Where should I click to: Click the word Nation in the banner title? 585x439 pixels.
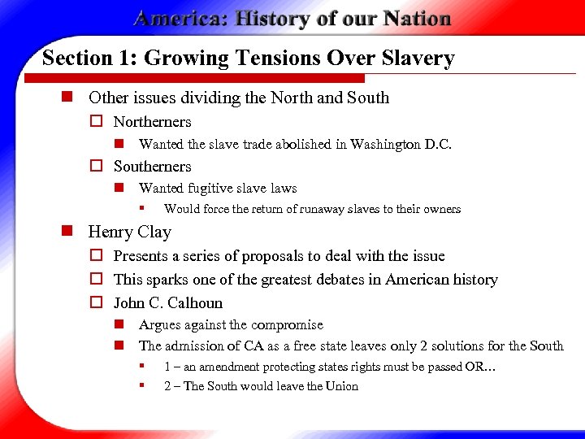[413, 19]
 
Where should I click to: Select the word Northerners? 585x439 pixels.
[152, 122]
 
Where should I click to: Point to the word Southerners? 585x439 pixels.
[152, 167]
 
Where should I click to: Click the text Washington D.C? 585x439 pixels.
[401, 145]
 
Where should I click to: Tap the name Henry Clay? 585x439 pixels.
[129, 232]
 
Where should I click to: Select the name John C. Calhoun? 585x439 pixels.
[167, 303]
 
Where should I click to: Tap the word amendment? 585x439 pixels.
[229, 367]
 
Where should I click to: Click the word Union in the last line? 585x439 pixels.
[340, 386]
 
